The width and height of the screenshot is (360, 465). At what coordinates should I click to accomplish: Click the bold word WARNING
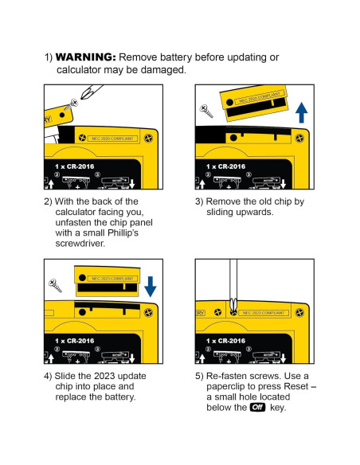click(x=86, y=57)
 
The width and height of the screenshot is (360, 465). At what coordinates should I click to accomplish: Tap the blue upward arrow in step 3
click(x=302, y=112)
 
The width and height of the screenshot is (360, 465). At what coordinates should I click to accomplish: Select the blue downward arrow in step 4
click(x=151, y=287)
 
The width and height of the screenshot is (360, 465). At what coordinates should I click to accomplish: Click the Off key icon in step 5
click(x=257, y=407)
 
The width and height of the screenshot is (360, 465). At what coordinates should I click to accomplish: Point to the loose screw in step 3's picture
click(x=206, y=111)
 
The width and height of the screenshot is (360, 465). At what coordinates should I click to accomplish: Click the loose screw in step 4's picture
click(x=55, y=285)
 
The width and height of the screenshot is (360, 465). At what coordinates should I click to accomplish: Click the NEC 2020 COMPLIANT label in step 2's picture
click(x=112, y=139)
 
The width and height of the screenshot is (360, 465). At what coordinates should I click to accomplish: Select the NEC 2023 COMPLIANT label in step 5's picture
click(x=264, y=313)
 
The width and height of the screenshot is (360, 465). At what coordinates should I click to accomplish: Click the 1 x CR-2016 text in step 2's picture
click(x=74, y=166)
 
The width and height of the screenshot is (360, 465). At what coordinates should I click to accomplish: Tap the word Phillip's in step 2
click(x=123, y=232)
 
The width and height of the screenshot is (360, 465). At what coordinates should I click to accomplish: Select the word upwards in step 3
click(x=253, y=213)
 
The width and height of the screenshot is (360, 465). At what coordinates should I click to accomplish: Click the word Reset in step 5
click(x=296, y=386)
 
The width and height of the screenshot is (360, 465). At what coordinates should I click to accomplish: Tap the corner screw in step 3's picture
click(x=299, y=139)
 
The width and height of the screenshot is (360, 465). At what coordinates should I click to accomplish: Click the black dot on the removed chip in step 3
click(x=229, y=102)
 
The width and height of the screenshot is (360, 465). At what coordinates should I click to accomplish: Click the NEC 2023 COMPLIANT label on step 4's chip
click(x=112, y=279)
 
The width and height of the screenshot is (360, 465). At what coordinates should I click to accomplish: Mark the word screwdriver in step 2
click(x=80, y=244)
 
